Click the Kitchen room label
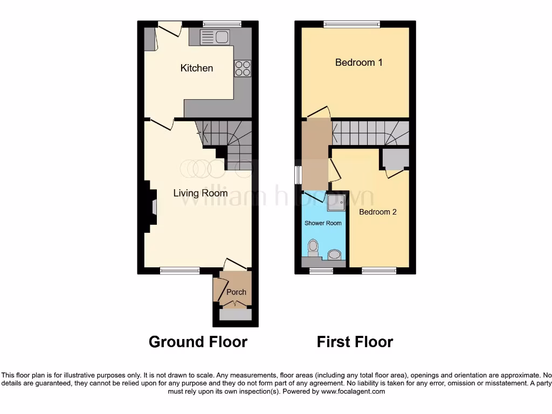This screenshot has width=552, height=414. click(x=197, y=68)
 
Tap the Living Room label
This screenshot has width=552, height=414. click(x=200, y=193)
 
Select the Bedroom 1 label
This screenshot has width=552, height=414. click(x=358, y=63)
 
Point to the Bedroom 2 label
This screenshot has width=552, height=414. click(x=377, y=212)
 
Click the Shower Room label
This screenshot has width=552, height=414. click(x=323, y=223)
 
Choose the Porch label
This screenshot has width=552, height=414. click(x=236, y=292)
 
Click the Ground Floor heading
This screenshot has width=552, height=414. click(x=198, y=342)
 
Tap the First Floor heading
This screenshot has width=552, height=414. click(x=355, y=342)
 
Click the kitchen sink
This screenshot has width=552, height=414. click(x=215, y=37)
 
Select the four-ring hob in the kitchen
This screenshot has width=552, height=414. click(x=243, y=68)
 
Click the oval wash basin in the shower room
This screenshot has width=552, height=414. click(x=335, y=254)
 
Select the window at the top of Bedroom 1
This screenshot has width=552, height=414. click(x=351, y=24)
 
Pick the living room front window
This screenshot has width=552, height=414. click(x=180, y=271)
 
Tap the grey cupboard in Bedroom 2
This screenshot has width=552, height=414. click(x=395, y=159)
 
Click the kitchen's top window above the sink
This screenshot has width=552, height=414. click(x=222, y=24)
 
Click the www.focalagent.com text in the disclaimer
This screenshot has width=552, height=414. click(x=353, y=392)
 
